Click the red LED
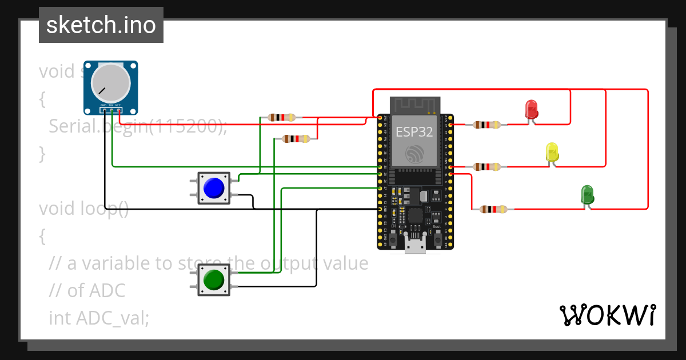click(531, 109)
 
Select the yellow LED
click(552, 152)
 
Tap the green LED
click(587, 194)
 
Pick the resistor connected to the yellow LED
click(487, 167)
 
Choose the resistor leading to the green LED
click(493, 210)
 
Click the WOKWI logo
click(608, 315)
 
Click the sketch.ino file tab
click(101, 25)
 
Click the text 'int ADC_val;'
click(99, 318)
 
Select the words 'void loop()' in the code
click(84, 209)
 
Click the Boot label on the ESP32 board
click(437, 227)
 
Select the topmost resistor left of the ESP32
click(281, 118)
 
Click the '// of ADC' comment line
click(87, 291)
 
